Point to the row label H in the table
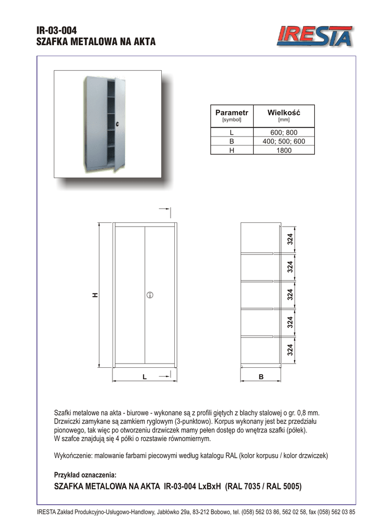click(231, 150)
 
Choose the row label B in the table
click(231, 141)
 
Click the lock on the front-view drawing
click(149, 295)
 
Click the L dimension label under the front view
click(145, 376)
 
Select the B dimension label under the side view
click(261, 376)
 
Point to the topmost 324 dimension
click(290, 240)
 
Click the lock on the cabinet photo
click(118, 124)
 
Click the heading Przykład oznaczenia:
click(85, 475)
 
